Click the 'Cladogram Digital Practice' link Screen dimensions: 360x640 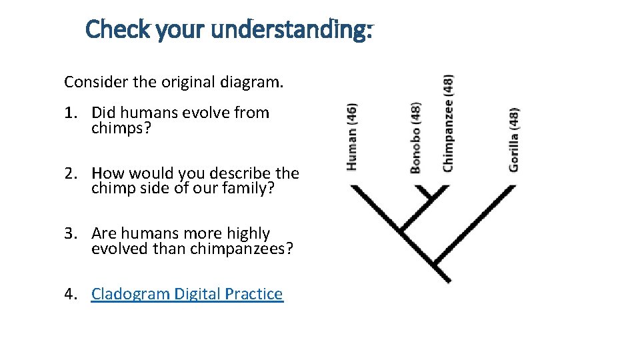point(187,294)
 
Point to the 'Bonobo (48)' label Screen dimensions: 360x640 point(415,137)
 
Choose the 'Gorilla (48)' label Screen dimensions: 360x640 point(513,139)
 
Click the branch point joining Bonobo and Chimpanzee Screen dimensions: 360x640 point(425,199)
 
